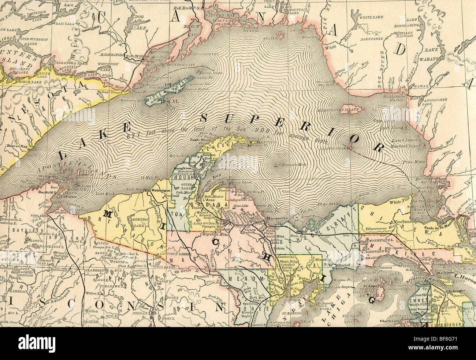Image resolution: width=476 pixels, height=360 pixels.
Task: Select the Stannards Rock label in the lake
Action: [291, 165]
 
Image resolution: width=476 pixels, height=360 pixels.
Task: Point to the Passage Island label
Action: [213, 73]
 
